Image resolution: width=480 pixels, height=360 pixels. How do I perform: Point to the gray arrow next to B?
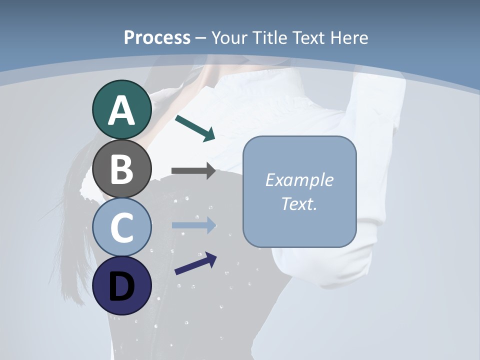coord(193,171)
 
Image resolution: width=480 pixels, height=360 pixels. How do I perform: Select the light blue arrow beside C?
coord(193,225)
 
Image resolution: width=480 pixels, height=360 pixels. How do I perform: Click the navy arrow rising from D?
coord(195,263)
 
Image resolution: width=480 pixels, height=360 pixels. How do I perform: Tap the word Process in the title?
coord(157,37)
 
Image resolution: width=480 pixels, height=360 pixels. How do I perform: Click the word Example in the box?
coord(299,180)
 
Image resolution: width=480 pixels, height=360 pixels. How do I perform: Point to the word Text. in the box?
coord(299,203)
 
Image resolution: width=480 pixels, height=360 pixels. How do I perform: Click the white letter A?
coord(121,110)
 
